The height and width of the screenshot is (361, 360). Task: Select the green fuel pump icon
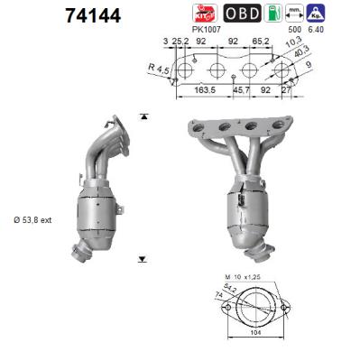pyautogui.click(x=289, y=14)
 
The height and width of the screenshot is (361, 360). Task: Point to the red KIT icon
pyautogui.click(x=205, y=14)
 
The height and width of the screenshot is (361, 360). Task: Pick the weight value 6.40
pyautogui.click(x=341, y=30)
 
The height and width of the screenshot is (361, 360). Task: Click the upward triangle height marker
pyautogui.click(x=143, y=117)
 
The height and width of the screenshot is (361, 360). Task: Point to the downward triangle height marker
pyautogui.click(x=143, y=259)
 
